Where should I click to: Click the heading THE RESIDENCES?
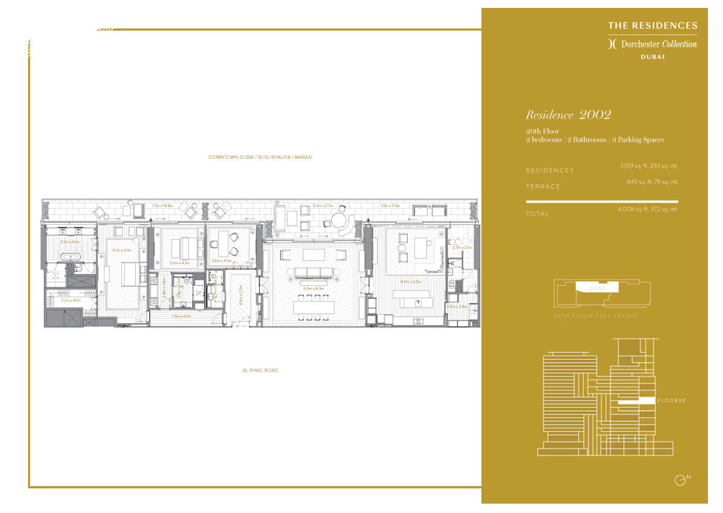click(652, 25)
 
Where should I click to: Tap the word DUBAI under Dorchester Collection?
click(652, 56)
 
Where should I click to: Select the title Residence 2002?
click(568, 115)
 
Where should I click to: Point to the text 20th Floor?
click(542, 131)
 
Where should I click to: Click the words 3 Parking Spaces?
click(638, 140)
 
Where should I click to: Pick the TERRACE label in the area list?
click(543, 187)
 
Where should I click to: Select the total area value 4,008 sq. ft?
click(632, 209)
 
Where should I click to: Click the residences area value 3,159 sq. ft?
click(633, 166)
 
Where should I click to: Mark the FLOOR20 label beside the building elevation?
click(671, 400)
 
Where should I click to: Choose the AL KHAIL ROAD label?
click(260, 371)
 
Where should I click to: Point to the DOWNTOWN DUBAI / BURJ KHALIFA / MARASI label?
click(260, 157)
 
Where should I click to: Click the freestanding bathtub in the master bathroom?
click(70, 256)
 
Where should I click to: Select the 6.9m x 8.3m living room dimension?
click(314, 288)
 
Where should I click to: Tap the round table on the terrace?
click(340, 221)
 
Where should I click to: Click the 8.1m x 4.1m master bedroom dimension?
click(122, 250)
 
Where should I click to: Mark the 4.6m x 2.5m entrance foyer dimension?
click(240, 295)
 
